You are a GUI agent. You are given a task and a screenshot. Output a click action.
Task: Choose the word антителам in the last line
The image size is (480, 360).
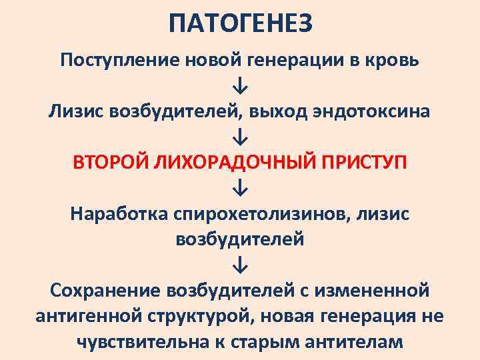coord(351,341)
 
